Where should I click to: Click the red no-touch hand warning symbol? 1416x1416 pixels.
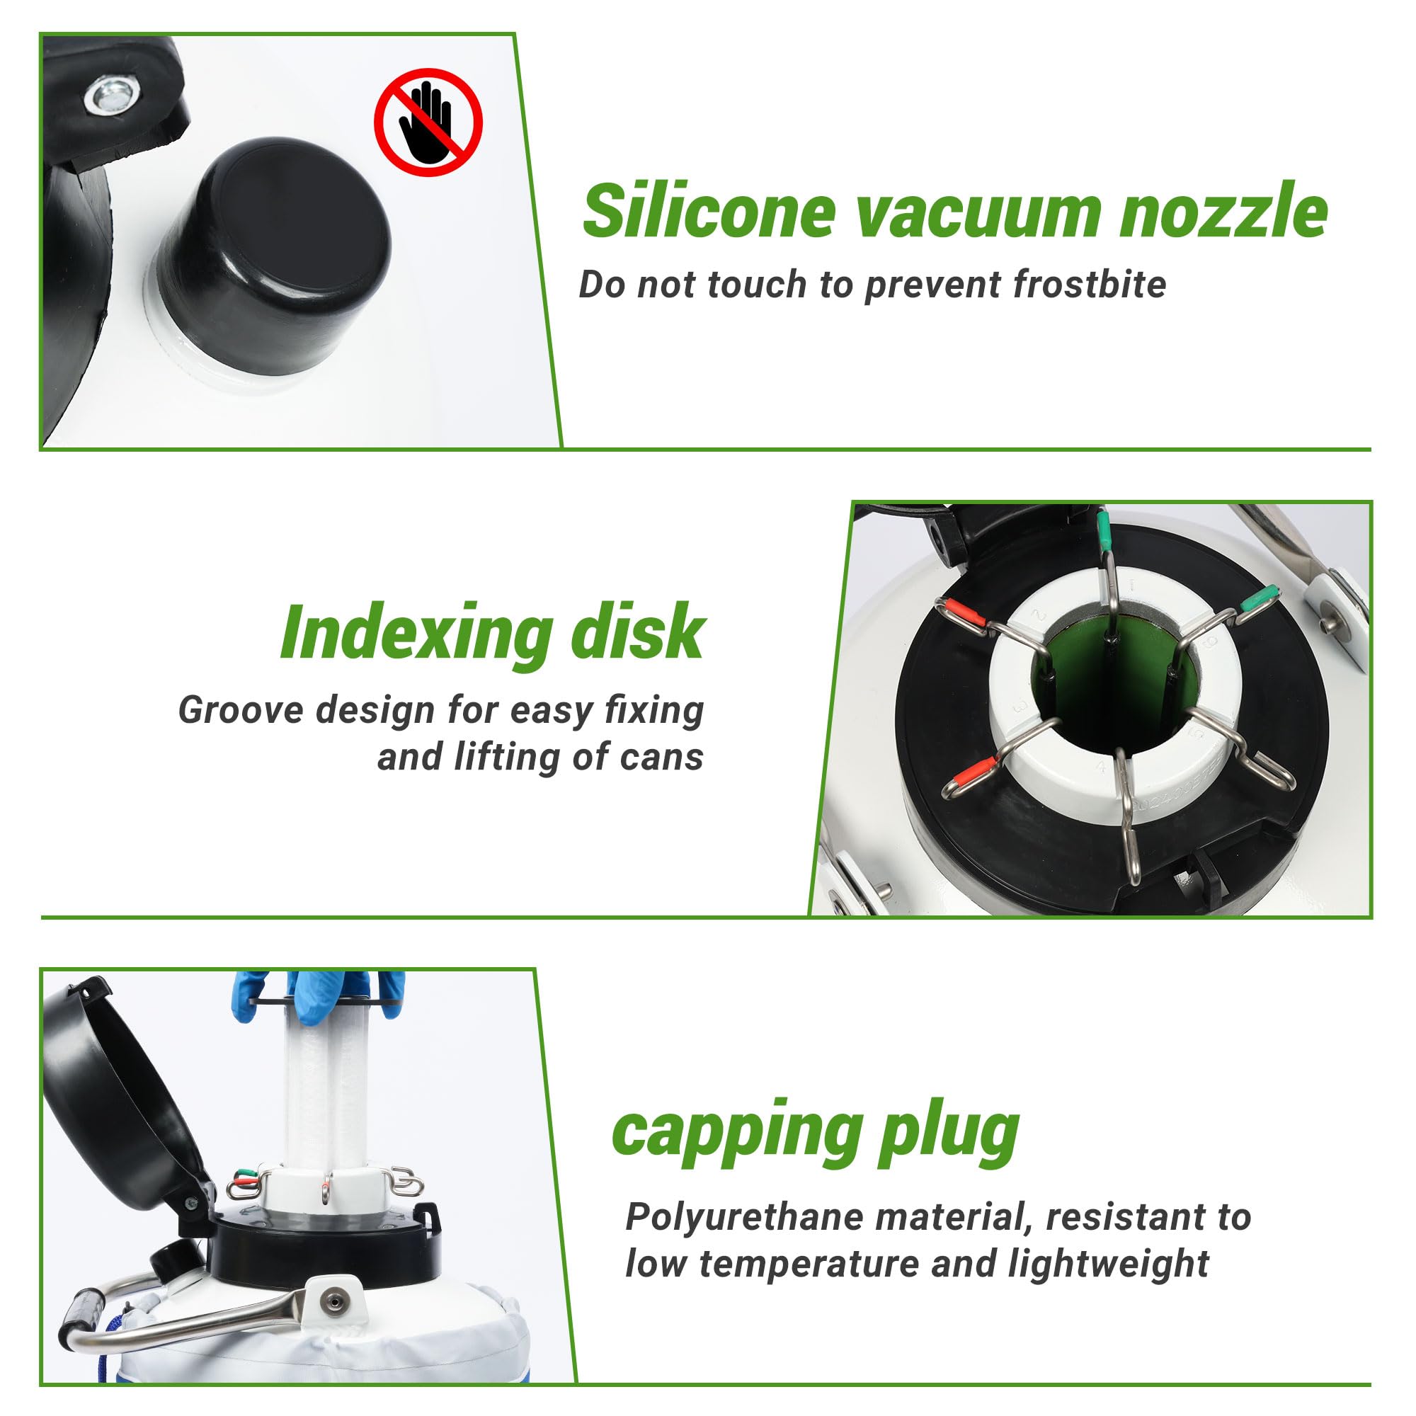tap(429, 122)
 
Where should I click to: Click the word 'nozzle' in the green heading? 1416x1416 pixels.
tap(1223, 211)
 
